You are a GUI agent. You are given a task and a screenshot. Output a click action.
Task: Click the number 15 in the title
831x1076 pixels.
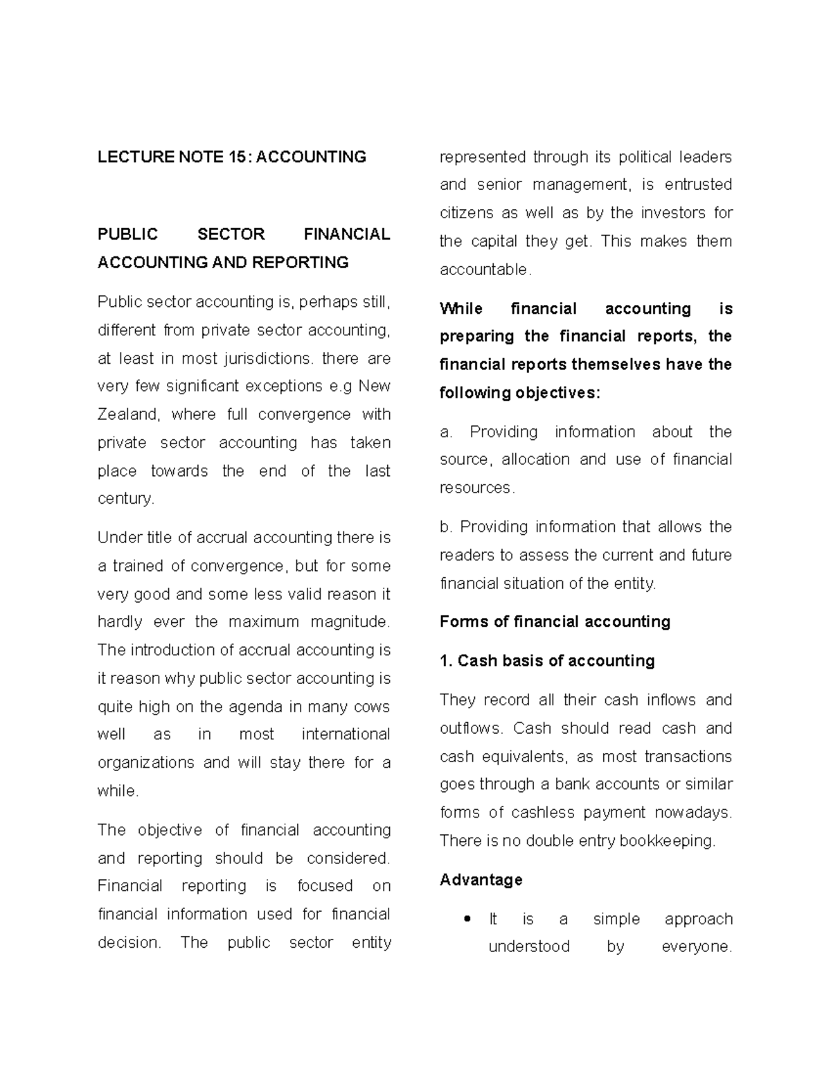click(x=236, y=157)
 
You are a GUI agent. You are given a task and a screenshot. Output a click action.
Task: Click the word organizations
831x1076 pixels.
click(x=146, y=763)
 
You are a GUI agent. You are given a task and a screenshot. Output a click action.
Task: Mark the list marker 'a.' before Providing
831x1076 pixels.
click(x=445, y=432)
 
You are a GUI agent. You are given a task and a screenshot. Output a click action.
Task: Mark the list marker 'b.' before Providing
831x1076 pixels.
click(x=445, y=527)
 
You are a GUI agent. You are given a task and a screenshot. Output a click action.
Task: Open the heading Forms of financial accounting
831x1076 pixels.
click(x=555, y=621)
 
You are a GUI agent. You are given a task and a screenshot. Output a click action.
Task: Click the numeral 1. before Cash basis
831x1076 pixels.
click(x=446, y=661)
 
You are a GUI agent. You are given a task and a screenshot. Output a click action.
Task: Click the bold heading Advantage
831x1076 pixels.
click(x=481, y=880)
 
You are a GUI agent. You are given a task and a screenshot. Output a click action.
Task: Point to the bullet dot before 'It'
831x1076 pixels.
click(x=468, y=919)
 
